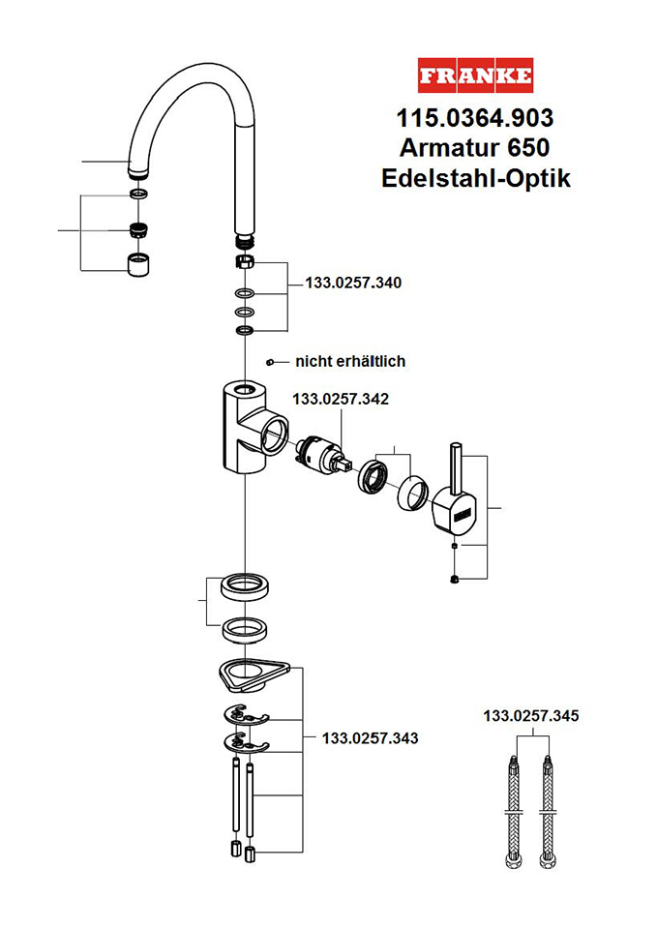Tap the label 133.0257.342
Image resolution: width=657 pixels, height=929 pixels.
click(340, 398)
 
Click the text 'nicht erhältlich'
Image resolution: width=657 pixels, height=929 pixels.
click(350, 361)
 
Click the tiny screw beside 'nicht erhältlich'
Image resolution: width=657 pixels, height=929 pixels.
click(273, 362)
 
